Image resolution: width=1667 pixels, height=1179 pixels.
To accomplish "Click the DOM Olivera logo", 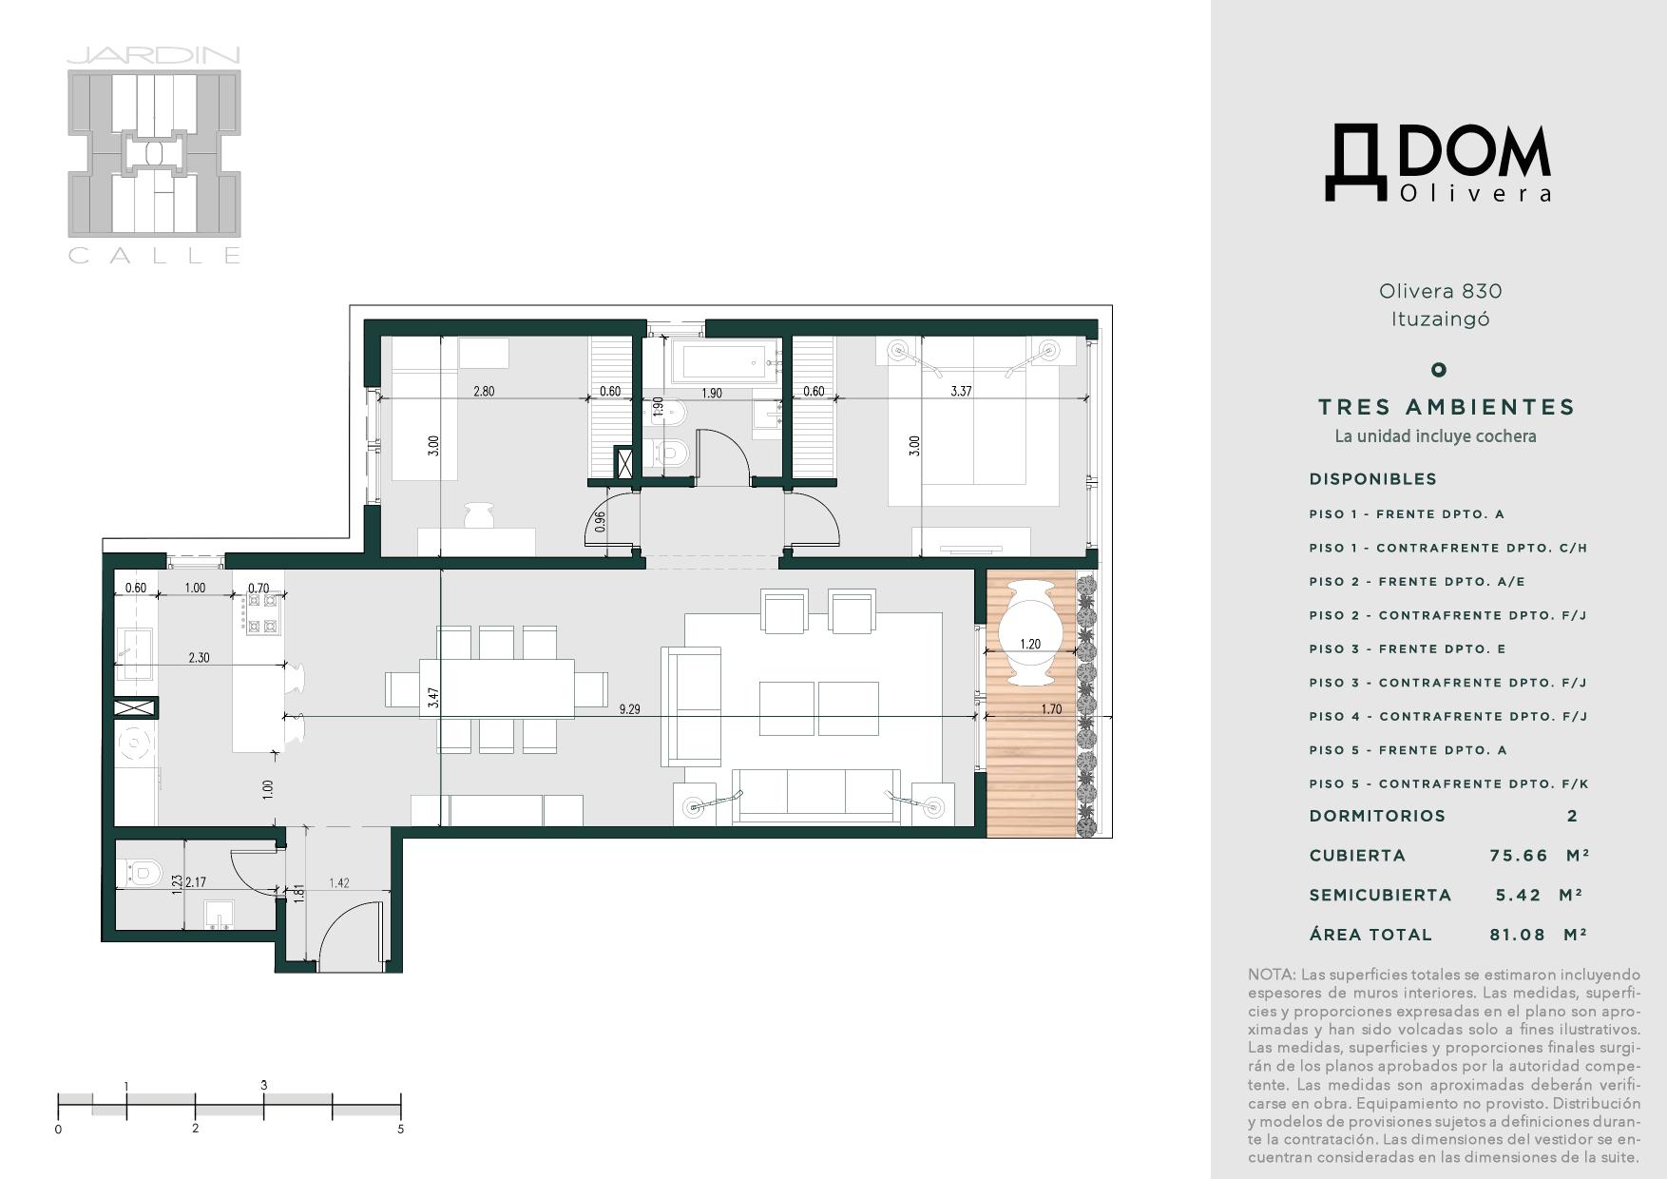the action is coord(1438,163).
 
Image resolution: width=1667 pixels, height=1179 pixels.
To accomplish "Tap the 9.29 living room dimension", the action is coord(629,709).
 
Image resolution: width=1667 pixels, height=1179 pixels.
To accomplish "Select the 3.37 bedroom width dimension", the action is coord(962,391).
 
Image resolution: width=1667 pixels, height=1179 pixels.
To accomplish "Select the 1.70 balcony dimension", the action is coord(1051,709).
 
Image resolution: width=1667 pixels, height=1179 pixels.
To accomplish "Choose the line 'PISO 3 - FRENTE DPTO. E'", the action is coord(1408,649).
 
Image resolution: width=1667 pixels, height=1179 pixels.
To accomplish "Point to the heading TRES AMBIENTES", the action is coord(1447,407).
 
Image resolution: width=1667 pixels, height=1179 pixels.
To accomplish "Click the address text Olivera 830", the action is coord(1441,291).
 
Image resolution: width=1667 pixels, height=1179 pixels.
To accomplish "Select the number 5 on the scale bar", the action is coord(401,1130).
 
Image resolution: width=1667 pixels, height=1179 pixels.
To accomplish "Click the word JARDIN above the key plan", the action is coord(154,56).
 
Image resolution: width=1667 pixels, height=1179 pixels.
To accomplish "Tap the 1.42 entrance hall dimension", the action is coord(339,883).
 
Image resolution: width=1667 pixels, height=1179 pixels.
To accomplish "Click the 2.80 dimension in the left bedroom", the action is coord(484,391).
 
